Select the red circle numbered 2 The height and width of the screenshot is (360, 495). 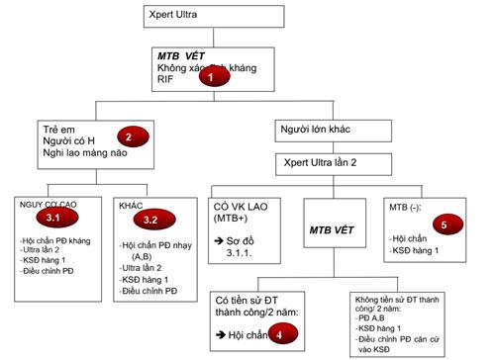[x=126, y=136]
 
